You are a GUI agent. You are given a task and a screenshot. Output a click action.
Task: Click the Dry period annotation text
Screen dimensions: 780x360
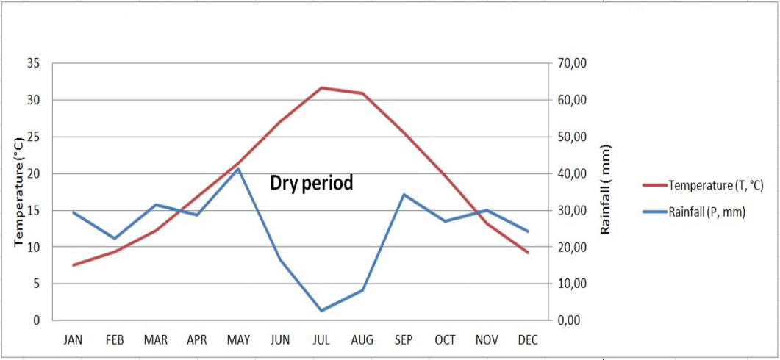click(x=312, y=183)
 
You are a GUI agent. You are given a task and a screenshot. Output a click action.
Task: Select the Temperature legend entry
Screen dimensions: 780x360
click(x=703, y=185)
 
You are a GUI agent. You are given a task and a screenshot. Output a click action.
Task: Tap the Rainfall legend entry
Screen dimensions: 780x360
click(x=693, y=212)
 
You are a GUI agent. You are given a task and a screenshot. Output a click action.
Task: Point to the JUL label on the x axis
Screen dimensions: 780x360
click(x=321, y=340)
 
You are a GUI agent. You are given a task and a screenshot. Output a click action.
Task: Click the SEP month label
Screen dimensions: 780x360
click(x=404, y=340)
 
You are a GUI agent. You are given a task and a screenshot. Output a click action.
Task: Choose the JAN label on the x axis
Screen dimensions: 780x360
click(x=73, y=340)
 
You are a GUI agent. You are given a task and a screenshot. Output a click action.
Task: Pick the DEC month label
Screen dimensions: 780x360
click(x=528, y=340)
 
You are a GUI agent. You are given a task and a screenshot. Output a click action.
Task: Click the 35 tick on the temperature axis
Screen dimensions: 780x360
click(x=33, y=64)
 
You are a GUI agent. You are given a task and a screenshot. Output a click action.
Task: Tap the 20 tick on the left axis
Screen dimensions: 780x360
click(x=33, y=173)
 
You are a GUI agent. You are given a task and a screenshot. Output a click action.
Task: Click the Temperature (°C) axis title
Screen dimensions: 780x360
click(x=19, y=192)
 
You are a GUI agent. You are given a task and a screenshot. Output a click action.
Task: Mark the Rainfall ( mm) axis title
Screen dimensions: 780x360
click(x=605, y=190)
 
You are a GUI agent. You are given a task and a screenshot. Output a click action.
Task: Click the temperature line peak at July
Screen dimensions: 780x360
click(x=321, y=87)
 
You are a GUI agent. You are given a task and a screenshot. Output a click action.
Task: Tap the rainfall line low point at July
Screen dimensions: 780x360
click(x=321, y=311)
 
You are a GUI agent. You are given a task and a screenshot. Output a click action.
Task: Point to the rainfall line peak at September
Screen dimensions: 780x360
click(x=404, y=195)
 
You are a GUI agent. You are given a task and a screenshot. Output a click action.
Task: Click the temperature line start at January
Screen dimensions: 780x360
click(x=73, y=265)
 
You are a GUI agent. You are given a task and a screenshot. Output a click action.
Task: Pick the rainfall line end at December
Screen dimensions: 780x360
click(x=528, y=231)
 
